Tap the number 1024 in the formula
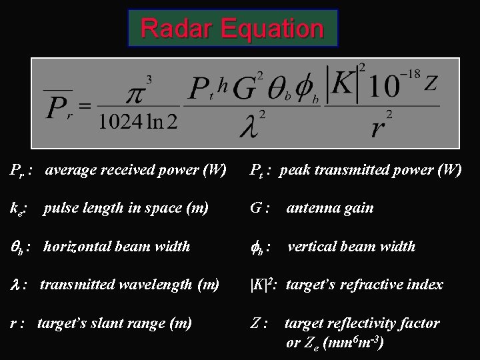point(119,122)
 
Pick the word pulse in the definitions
point(59,208)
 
